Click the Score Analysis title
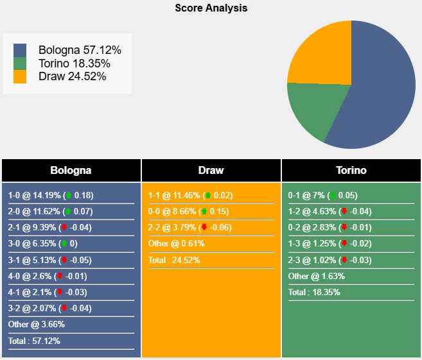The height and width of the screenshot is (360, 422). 211,8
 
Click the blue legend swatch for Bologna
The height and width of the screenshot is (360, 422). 20,50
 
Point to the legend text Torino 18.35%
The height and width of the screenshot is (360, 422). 74,64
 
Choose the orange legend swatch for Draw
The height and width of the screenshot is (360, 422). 20,77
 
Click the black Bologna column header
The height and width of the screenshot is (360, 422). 71,171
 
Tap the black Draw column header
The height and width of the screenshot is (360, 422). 211,171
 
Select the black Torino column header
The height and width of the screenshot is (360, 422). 351,171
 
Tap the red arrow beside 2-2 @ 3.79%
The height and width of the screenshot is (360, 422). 204,228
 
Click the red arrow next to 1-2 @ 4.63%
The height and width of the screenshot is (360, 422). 344,212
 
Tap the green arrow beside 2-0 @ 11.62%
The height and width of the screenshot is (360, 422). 69,212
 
